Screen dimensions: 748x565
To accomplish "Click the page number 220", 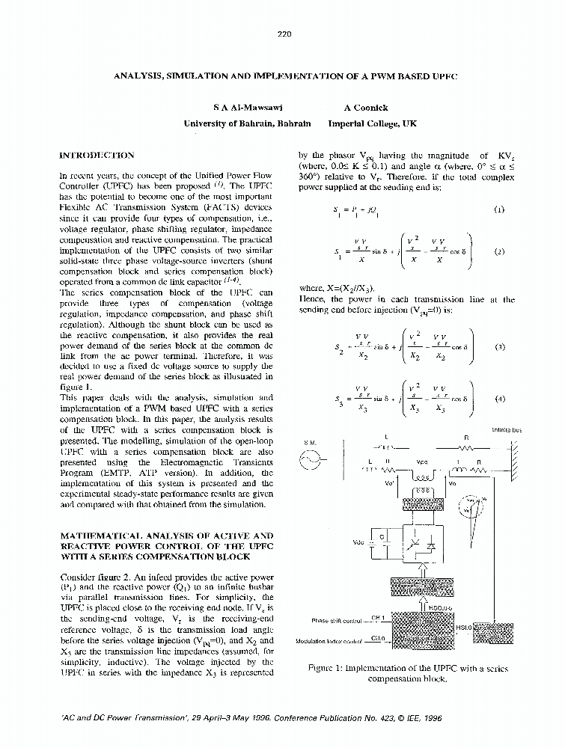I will coord(283,34).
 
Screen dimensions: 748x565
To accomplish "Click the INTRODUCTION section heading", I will coord(97,156).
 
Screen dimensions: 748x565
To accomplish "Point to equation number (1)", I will coord(499,210).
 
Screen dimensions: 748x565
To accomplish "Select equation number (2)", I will coord(499,251).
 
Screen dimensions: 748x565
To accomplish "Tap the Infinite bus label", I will coord(507,430).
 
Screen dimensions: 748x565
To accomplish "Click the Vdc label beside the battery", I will coord(357,542).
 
